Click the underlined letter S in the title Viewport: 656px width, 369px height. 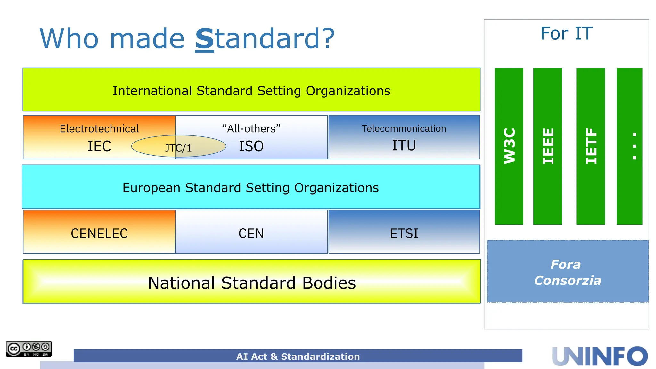[x=204, y=39]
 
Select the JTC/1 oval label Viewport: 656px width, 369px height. [x=178, y=147]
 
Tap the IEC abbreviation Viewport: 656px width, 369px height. [x=99, y=146]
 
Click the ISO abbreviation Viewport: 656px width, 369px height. [x=251, y=146]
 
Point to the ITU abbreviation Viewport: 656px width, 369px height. [x=404, y=145]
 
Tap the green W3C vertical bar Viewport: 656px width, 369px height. [x=509, y=146]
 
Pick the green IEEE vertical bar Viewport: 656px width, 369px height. [x=547, y=146]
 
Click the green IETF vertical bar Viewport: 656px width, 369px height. [x=590, y=146]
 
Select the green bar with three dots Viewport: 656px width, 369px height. [x=629, y=146]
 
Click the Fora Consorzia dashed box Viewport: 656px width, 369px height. [x=568, y=272]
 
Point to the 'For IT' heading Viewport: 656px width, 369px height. [x=566, y=34]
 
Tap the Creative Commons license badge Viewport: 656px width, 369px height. [x=29, y=349]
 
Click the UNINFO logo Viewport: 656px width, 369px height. [x=600, y=356]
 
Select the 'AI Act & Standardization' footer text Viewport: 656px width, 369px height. [x=298, y=357]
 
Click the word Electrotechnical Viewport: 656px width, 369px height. [x=99, y=129]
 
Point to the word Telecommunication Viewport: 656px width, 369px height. [x=404, y=128]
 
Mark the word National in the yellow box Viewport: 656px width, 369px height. [x=181, y=283]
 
